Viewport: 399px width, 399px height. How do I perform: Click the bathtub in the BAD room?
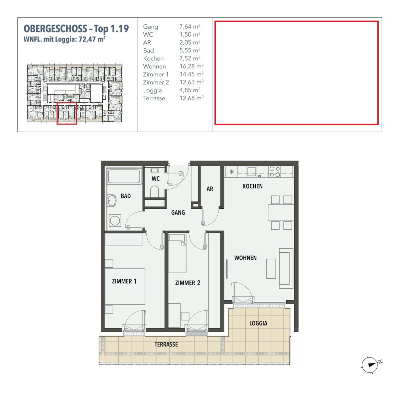point(124,176)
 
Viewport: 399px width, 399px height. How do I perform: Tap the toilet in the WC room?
point(155,192)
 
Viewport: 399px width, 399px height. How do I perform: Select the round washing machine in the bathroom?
point(115,220)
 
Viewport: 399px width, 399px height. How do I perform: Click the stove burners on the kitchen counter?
point(275,172)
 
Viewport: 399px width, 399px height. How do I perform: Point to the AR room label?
point(210,189)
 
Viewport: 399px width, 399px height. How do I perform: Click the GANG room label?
point(178,212)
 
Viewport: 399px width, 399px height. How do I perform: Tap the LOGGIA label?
point(258,323)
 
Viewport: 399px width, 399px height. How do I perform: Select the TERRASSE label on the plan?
point(166,344)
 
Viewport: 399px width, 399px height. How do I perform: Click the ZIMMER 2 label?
point(188,283)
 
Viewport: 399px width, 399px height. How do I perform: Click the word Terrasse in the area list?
point(154,98)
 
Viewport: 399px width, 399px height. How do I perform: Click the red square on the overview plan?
point(67,113)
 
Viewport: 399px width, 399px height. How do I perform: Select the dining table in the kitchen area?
point(281,213)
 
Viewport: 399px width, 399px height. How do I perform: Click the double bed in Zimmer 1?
point(125,286)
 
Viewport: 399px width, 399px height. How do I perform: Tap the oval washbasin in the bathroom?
point(112,200)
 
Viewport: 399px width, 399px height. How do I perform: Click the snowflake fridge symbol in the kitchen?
point(231,172)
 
